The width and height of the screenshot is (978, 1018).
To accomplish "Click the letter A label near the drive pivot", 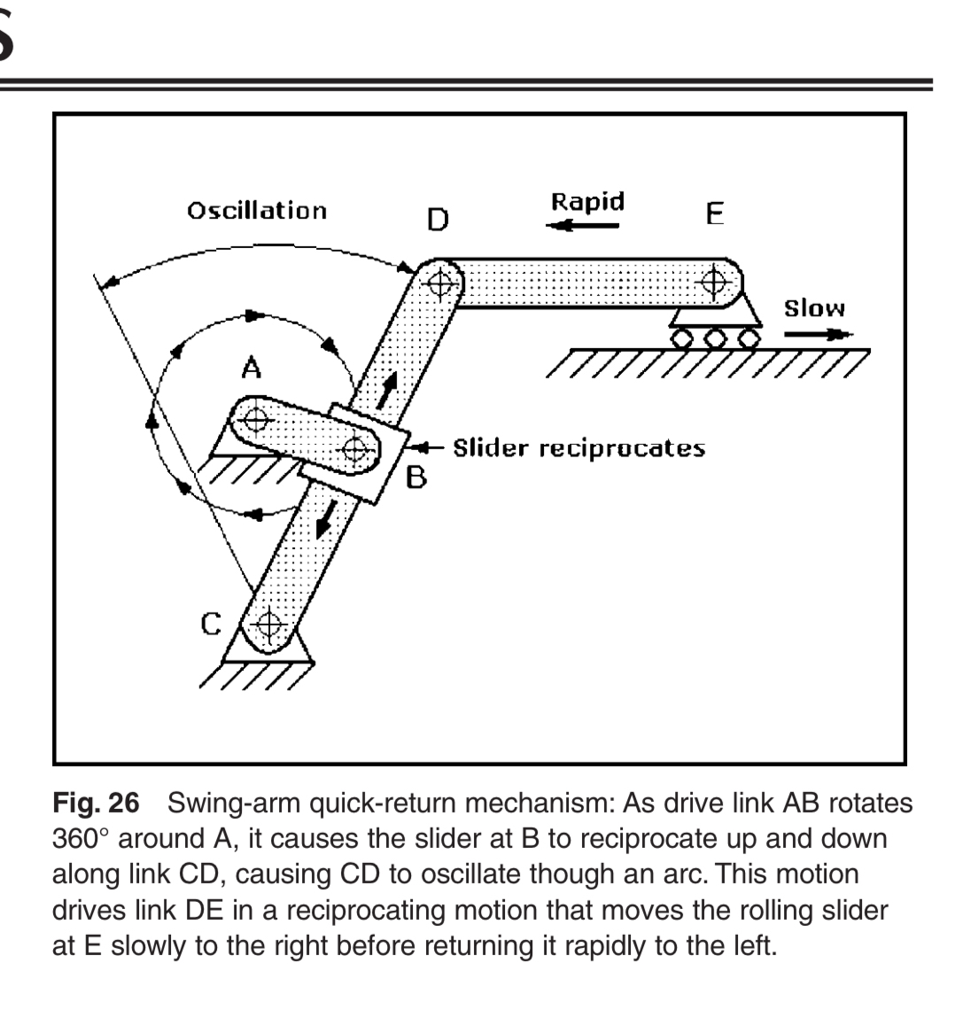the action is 252,368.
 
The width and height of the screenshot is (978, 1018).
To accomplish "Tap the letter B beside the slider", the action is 416,478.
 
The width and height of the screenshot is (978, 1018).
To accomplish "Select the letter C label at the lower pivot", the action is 211,624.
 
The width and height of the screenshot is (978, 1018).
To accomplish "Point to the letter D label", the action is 438,220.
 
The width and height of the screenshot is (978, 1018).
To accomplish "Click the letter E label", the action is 715,214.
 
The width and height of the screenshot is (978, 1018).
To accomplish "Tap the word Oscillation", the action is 257,211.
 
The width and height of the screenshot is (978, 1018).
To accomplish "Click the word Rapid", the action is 588,201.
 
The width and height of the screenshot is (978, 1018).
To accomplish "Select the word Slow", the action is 814,308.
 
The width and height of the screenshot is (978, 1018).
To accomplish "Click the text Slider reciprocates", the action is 578,448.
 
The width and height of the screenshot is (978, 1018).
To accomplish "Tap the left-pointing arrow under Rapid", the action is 583,226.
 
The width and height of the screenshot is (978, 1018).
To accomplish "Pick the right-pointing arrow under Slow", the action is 819,334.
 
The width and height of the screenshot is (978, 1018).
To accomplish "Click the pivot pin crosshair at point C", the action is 269,626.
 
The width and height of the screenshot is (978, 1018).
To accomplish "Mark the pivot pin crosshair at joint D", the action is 440,283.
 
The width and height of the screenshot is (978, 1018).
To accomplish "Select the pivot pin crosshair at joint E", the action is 714,282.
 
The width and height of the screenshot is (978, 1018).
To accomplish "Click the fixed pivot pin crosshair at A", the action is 255,420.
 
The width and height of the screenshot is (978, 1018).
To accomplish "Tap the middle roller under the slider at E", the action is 715,338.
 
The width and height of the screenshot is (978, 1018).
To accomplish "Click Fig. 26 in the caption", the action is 96,803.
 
